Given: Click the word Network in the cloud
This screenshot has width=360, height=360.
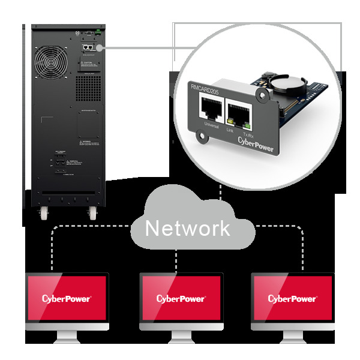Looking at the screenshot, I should (187, 228).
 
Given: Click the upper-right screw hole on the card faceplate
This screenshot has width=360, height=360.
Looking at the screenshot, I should (261, 95).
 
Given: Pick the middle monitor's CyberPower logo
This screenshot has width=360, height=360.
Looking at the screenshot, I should (181, 298).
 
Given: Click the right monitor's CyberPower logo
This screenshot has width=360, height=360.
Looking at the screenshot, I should (292, 298).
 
